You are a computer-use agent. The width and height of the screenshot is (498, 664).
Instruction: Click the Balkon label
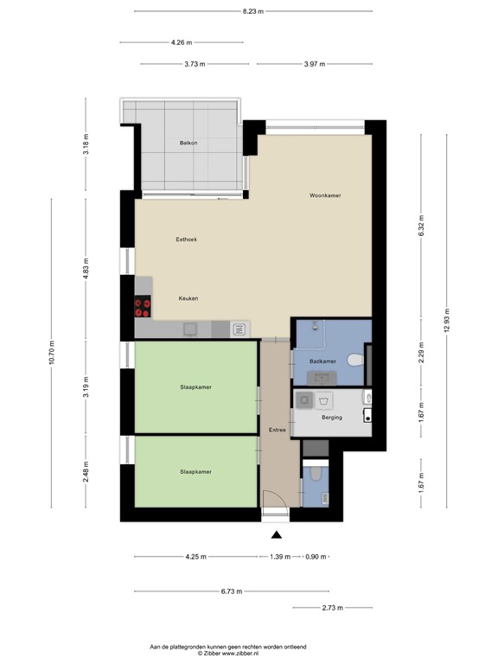pos(189,143)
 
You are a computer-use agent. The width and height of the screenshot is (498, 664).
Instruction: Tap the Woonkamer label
pos(325,195)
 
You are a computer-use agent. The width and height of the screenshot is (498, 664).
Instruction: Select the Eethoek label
pos(186,239)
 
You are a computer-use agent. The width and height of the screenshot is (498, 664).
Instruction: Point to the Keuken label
pos(188,298)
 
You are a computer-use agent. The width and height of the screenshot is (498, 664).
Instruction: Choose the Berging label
pos(331,418)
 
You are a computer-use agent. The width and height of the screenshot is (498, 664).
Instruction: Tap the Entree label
pos(277,430)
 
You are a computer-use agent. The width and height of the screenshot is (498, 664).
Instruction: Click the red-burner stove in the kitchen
pos(143,307)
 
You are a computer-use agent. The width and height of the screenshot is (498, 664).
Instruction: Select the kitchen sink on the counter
pos(240,329)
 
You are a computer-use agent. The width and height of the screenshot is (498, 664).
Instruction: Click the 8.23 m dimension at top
pos(253,11)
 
